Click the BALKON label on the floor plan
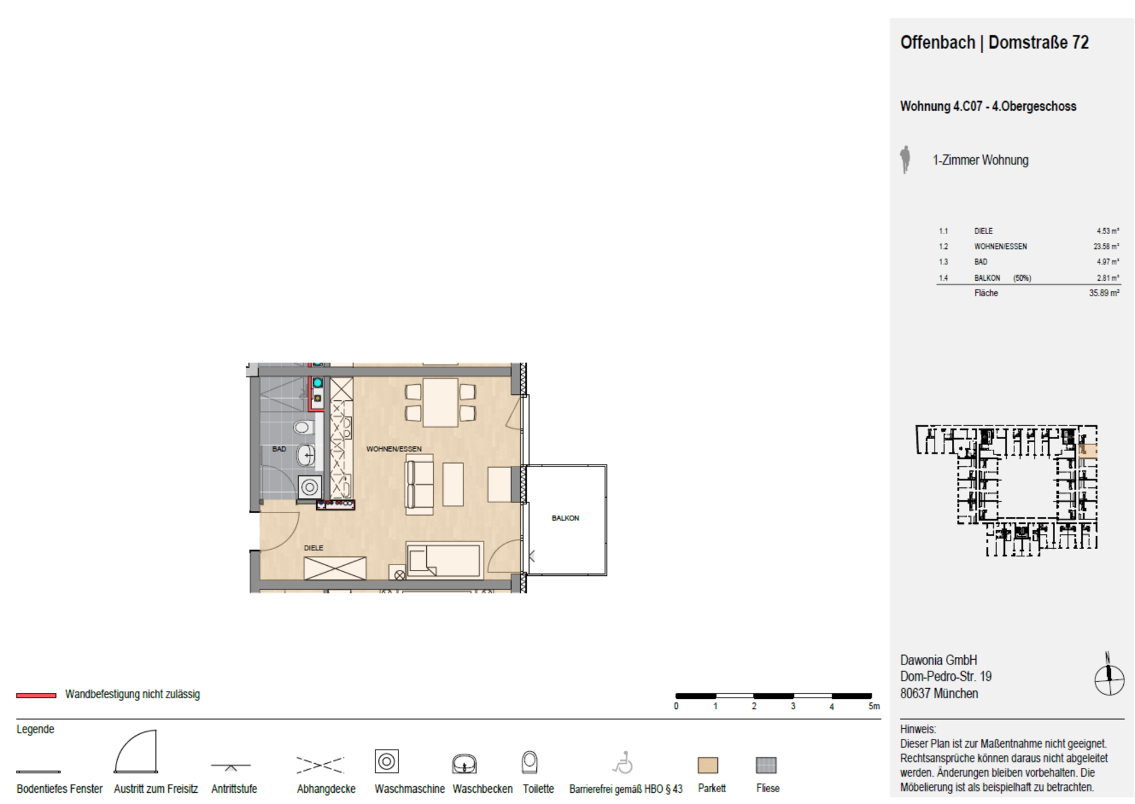pyautogui.click(x=565, y=518)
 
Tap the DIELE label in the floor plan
pyautogui.click(x=313, y=548)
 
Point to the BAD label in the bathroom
pyautogui.click(x=279, y=449)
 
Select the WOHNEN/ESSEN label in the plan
pyautogui.click(x=394, y=449)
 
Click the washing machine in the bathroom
pyautogui.click(x=310, y=487)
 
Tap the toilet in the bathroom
pyautogui.click(x=303, y=427)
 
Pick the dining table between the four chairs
pyautogui.click(x=440, y=403)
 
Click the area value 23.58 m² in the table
pyautogui.click(x=1106, y=247)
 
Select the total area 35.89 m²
pyautogui.click(x=1104, y=293)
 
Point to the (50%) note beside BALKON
pyautogui.click(x=1022, y=278)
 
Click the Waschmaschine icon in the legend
pyautogui.click(x=387, y=761)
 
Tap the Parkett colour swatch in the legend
pyautogui.click(x=708, y=766)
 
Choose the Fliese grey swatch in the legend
pyautogui.click(x=766, y=766)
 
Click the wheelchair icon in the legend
pyautogui.click(x=623, y=763)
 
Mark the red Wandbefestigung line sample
pyautogui.click(x=36, y=695)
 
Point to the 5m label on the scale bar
pyautogui.click(x=874, y=706)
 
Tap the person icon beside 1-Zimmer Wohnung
pyautogui.click(x=905, y=160)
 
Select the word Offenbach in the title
pyautogui.click(x=938, y=43)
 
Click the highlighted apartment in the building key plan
pyautogui.click(x=1088, y=451)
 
